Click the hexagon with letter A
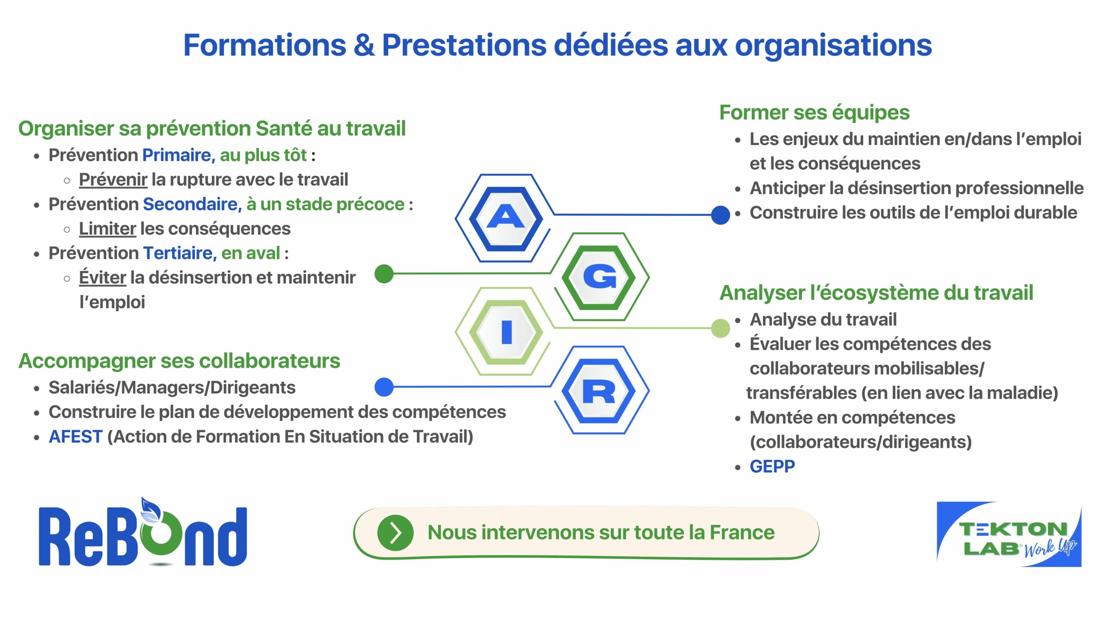[505, 218]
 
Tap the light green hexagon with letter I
[506, 332]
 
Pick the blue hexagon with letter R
[599, 391]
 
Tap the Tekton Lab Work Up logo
[1009, 535]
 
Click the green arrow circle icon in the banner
[395, 533]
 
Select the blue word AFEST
[75, 437]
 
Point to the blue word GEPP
[772, 466]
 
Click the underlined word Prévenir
[113, 179]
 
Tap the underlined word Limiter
[107, 228]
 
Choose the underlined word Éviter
[102, 277]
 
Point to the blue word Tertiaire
[179, 253]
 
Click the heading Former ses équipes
[814, 112]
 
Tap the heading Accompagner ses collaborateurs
[179, 361]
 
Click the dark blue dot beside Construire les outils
[720, 215]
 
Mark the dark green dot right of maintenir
[384, 274]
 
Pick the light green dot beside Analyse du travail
[720, 328]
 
